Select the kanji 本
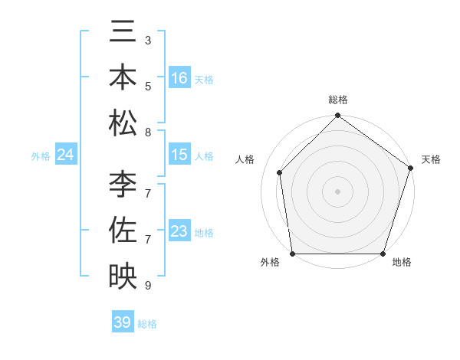point(123,78)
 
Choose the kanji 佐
point(123,231)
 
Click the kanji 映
point(123,276)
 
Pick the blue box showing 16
point(179,78)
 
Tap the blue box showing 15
point(179,155)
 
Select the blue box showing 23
point(179,231)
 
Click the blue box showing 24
point(66,155)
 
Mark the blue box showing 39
point(123,322)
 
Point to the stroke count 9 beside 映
point(148,286)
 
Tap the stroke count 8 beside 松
point(148,133)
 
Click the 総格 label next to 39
point(147,324)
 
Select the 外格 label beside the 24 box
point(41,156)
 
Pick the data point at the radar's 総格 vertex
point(337,116)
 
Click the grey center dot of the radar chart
point(337,191)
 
